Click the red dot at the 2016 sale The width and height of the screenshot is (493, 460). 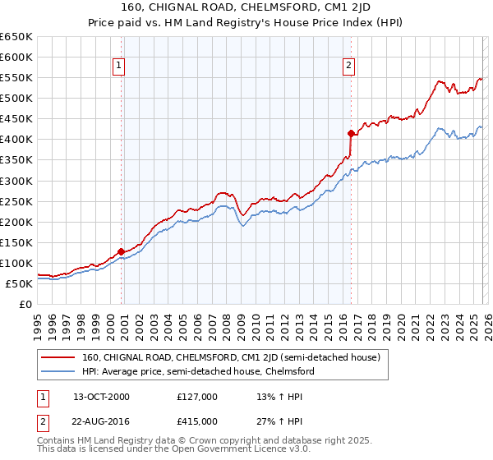pyautogui.click(x=351, y=132)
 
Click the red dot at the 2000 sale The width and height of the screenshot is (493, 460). pyautogui.click(x=122, y=251)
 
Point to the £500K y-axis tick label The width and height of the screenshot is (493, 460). pyautogui.click(x=16, y=98)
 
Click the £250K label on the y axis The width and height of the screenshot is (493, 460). pyautogui.click(x=16, y=201)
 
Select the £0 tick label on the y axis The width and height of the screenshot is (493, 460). pyautogui.click(x=26, y=304)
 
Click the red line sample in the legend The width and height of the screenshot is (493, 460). pyautogui.click(x=58, y=358)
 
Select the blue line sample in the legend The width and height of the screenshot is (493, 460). pyautogui.click(x=58, y=371)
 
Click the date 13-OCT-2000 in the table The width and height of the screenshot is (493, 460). pyautogui.click(x=101, y=397)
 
